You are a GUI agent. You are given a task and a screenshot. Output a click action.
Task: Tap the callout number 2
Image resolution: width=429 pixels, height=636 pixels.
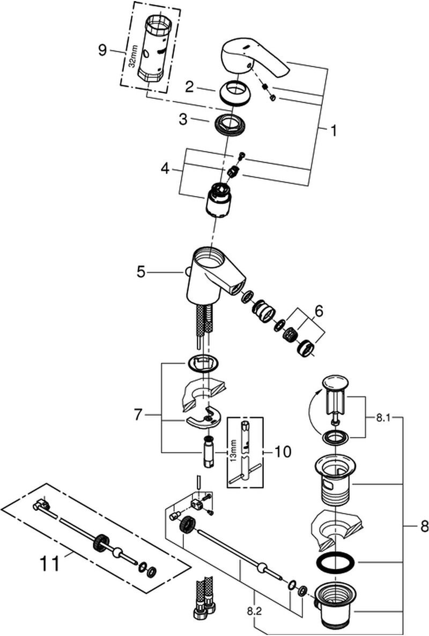pyautogui.click(x=189, y=85)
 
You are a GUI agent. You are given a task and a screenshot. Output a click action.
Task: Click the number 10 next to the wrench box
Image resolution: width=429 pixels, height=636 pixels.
pyautogui.click(x=283, y=452)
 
